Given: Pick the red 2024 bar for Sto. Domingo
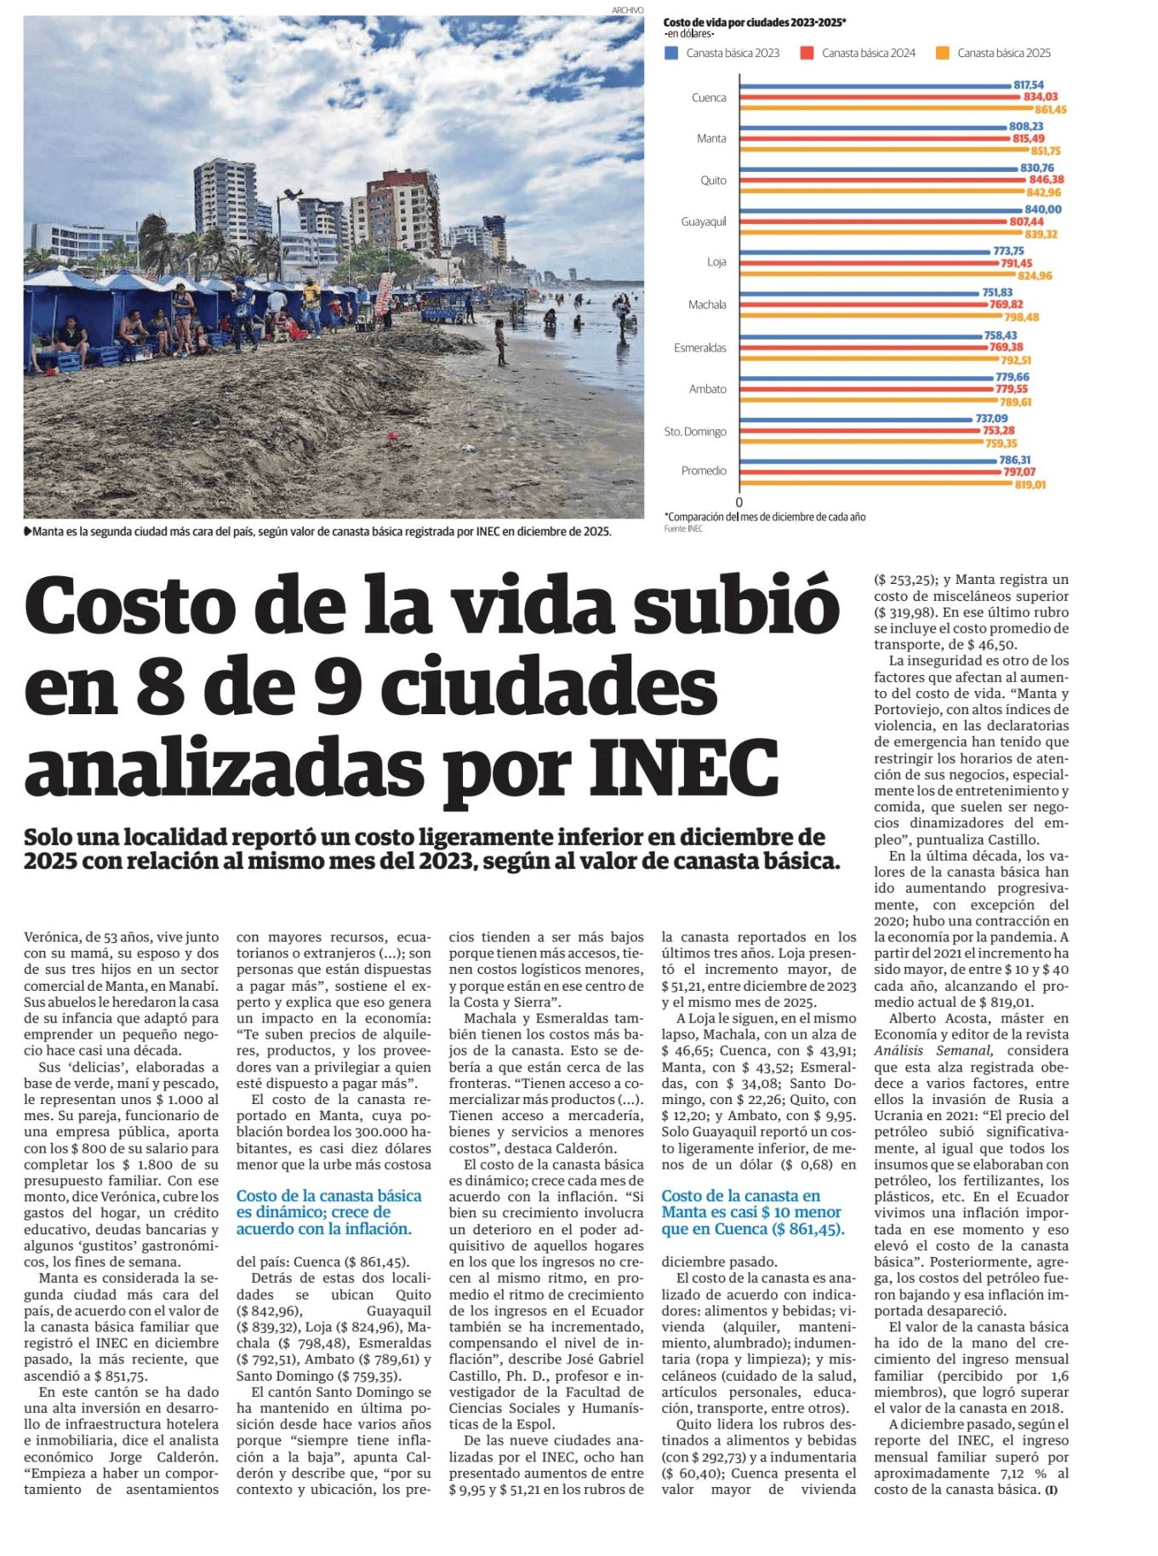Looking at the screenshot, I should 859,431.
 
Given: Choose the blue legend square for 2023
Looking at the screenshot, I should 671,53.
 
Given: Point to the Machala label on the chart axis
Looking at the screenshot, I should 707,305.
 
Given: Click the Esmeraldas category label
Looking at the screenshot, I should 700,348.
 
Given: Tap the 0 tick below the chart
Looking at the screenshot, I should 739,502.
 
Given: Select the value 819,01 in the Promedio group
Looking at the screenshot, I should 1030,484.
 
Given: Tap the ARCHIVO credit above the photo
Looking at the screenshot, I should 627,9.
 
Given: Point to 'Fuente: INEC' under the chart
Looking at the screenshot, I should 683,529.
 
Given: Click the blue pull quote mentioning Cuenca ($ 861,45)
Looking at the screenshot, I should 751,1212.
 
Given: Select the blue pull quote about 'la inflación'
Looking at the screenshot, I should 328,1212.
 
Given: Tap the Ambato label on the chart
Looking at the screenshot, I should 707,389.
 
